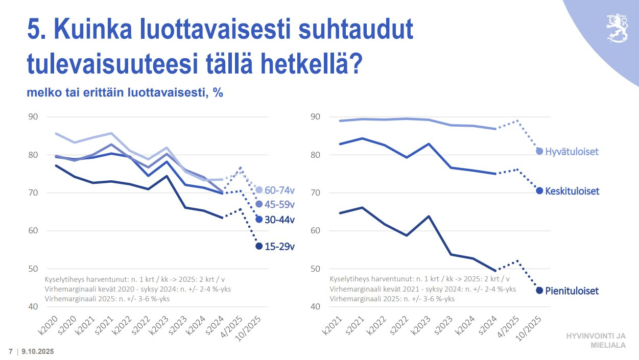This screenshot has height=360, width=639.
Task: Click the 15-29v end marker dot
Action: pos(259,246)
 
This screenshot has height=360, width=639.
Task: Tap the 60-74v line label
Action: pos(280,190)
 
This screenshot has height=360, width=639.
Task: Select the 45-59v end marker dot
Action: pos(259,204)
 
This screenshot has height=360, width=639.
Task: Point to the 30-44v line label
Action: pos(280,220)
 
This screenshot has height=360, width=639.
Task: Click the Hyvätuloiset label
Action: pos(572,152)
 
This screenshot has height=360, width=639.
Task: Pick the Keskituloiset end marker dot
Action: pos(539,191)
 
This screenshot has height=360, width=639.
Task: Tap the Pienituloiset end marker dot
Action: pos(539,291)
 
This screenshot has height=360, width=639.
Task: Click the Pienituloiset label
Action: pos(572,291)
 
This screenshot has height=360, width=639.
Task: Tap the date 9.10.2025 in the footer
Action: pos(38,352)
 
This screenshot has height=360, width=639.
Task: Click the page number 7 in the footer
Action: pos(11,352)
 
